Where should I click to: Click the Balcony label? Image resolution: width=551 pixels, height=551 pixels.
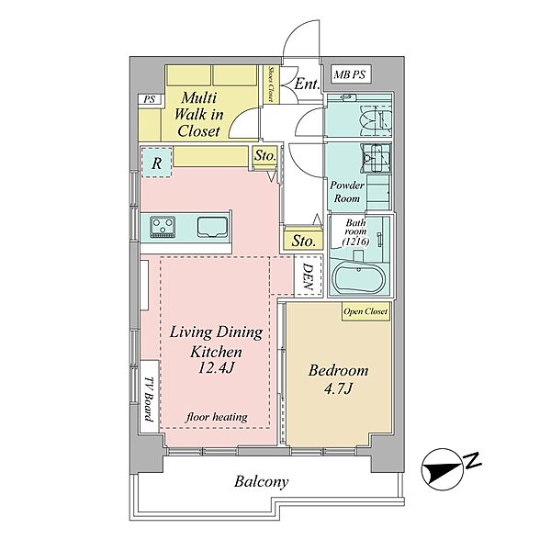262,482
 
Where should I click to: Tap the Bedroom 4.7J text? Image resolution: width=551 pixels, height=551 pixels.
338,379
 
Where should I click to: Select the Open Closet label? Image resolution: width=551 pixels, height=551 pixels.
365,311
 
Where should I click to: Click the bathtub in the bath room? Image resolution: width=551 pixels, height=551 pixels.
358,279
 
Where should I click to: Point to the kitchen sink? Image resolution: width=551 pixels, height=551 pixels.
212,227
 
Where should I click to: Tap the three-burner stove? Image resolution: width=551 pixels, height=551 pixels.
163,227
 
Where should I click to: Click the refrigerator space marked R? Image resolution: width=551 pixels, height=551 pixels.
157,163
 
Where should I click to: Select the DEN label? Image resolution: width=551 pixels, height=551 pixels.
309,277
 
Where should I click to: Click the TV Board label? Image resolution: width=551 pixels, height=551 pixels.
149,399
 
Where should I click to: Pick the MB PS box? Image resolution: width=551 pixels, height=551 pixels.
351,74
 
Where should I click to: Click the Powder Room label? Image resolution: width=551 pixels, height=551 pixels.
347,192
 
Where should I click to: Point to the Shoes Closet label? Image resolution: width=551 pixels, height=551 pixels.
271,84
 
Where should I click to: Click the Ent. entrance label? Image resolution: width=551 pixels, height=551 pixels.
307,84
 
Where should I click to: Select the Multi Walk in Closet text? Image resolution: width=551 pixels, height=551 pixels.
198,115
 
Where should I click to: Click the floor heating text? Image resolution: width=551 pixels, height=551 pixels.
217,417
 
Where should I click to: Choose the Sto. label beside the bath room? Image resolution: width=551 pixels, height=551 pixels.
303,241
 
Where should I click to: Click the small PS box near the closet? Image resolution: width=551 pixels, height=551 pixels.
150,99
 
